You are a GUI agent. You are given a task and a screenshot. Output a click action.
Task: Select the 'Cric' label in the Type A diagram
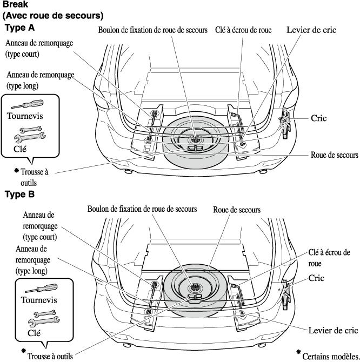tap(320, 117)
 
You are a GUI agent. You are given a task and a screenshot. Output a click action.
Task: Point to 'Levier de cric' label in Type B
tap(332, 330)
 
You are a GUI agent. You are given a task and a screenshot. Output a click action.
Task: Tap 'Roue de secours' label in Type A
tap(334, 155)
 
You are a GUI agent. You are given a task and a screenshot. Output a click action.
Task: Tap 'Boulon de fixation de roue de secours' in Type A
tap(153, 31)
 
